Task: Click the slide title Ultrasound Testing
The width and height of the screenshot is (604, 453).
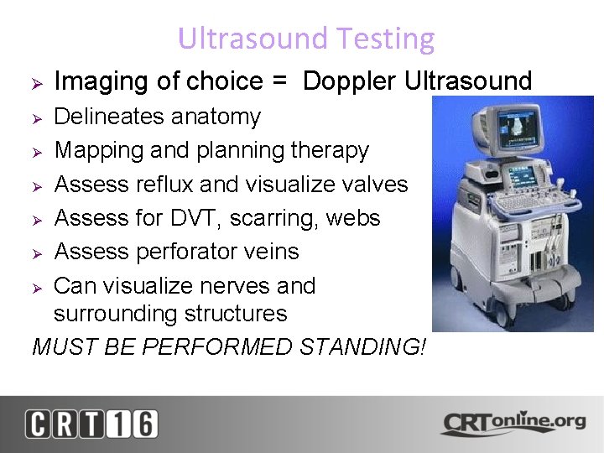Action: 306,39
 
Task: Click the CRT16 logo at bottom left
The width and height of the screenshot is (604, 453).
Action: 91,424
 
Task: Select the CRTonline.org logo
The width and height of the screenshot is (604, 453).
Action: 513,422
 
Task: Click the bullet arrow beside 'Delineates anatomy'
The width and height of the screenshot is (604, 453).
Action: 36,117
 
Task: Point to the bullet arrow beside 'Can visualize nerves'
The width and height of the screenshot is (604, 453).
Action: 36,287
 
